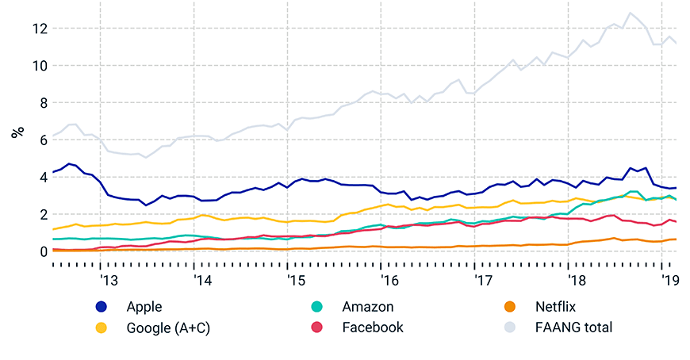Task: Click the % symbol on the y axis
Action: coord(17,132)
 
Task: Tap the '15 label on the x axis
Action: coord(295,281)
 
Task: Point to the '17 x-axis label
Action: coord(482,281)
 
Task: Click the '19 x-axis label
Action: coord(669,281)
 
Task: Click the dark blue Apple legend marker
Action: coord(102,307)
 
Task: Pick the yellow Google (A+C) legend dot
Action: coord(102,327)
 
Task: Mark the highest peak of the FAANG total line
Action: coord(631,13)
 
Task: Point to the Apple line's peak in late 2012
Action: coord(69,163)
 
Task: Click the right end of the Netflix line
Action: coord(676,239)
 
